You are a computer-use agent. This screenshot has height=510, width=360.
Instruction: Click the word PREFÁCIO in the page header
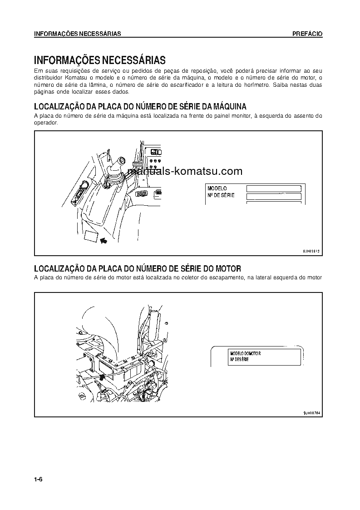(307, 34)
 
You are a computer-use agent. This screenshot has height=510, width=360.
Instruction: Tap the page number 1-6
(38, 480)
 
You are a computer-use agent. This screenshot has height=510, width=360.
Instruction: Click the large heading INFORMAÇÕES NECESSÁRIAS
(99, 60)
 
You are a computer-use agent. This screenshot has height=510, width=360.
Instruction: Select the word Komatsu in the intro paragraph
(65, 77)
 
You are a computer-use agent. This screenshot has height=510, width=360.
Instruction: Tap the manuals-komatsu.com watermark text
(185, 171)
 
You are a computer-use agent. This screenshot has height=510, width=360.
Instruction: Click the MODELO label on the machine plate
(217, 188)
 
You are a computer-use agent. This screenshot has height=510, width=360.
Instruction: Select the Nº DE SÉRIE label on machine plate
(221, 195)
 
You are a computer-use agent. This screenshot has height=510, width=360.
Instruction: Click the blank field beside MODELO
(274, 188)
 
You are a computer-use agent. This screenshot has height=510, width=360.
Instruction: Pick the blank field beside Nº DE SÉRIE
(274, 196)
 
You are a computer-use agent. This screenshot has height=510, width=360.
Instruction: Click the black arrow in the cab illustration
(104, 241)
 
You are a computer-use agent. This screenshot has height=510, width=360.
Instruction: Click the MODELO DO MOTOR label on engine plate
(245, 353)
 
